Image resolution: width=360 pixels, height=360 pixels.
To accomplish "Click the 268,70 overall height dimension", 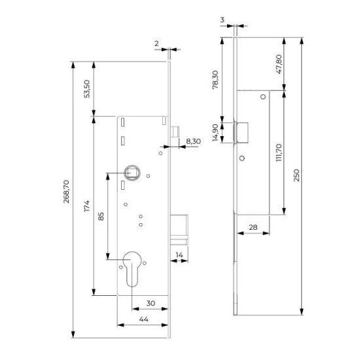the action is tap(66, 192).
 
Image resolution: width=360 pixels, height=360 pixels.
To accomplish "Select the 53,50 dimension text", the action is tap(87, 89).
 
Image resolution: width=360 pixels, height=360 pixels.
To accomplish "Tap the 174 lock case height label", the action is tap(86, 206).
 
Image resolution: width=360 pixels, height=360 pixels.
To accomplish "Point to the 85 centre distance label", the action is tap(101, 216).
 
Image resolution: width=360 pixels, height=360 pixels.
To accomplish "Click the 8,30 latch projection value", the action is tap(193, 141).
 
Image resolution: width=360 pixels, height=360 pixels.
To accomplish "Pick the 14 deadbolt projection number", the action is tap(179, 255).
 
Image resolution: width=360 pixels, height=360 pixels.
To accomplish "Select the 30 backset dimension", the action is tap(151, 303).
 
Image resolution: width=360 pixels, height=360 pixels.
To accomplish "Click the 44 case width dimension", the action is tap(144, 319).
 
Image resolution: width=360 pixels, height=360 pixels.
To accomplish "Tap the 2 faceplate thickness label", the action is tap(156, 43).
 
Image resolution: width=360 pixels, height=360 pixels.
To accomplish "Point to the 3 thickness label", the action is tap(223, 20).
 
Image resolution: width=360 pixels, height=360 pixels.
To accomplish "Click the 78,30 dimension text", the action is tap(215, 80).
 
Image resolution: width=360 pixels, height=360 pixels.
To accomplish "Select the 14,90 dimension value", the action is tap(215, 132).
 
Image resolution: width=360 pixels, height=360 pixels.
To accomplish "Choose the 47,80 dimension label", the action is tap(279, 64).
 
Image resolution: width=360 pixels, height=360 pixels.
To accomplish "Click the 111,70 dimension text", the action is tap(279, 153).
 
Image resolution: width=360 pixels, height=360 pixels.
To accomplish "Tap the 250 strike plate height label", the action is tap(297, 175).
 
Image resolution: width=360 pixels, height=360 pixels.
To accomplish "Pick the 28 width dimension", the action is tap(253, 227).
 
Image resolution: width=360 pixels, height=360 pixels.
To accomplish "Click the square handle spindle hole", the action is tap(132, 172).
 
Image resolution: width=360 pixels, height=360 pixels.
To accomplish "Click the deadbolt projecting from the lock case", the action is tap(179, 230).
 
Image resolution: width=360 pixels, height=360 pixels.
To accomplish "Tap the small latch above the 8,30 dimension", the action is tap(175, 132).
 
